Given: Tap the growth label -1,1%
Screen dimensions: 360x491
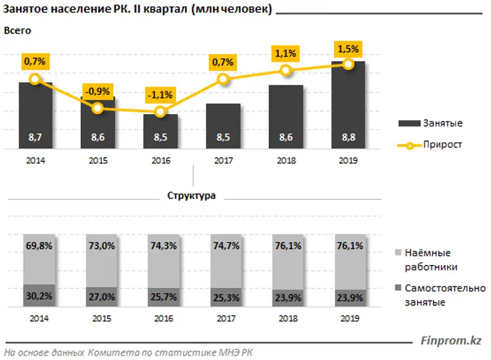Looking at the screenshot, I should [160, 95].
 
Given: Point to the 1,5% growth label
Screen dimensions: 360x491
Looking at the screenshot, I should [348, 48].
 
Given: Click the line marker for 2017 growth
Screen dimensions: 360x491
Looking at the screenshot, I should [223, 79].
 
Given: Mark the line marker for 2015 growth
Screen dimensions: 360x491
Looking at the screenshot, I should [98, 109].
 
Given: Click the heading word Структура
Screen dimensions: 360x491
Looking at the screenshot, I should [191, 196].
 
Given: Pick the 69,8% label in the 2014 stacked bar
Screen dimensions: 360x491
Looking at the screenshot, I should [35, 246].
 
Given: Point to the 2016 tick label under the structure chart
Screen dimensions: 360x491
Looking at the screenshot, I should [160, 319].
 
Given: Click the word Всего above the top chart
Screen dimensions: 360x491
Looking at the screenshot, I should [17, 30].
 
